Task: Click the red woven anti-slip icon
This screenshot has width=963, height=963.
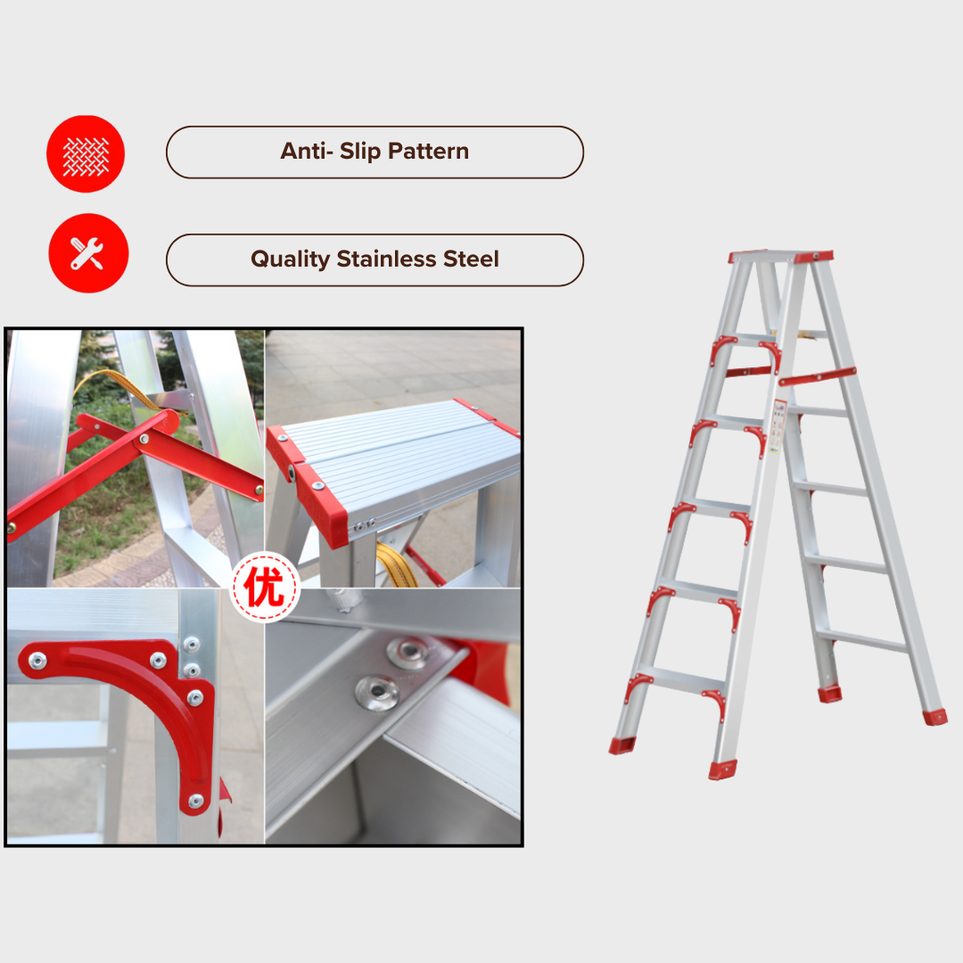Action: [86, 154]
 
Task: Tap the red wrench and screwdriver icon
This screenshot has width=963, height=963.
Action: [88, 253]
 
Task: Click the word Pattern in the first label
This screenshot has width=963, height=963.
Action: [428, 151]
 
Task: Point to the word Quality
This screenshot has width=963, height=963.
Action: [290, 259]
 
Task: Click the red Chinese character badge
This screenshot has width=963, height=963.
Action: [266, 587]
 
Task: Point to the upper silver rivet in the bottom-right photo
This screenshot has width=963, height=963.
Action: [407, 653]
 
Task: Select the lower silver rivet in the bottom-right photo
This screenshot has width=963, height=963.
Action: [377, 693]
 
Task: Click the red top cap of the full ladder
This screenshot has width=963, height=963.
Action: [780, 257]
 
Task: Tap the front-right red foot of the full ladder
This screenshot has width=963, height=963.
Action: [723, 770]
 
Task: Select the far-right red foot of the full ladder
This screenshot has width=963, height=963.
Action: [934, 717]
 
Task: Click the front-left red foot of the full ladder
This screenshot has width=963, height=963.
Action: [622, 745]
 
